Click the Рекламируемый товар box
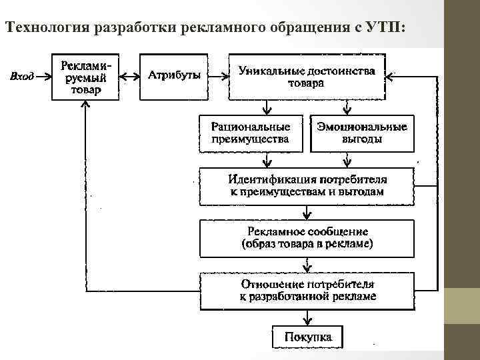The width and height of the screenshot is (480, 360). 85,77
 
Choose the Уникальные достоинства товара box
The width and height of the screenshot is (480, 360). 306,77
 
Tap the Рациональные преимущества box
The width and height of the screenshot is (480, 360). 250,133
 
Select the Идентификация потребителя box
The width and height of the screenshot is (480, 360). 307,185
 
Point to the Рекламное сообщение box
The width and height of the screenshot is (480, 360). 307,238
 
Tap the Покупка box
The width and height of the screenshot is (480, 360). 307,336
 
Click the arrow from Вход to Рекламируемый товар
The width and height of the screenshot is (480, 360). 43,76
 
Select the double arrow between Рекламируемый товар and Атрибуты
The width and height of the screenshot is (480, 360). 129,76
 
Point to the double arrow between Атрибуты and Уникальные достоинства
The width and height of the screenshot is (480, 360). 217,76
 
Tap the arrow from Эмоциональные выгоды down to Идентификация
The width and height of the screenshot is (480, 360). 346,160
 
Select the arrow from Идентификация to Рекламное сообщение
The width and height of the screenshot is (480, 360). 307,211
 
